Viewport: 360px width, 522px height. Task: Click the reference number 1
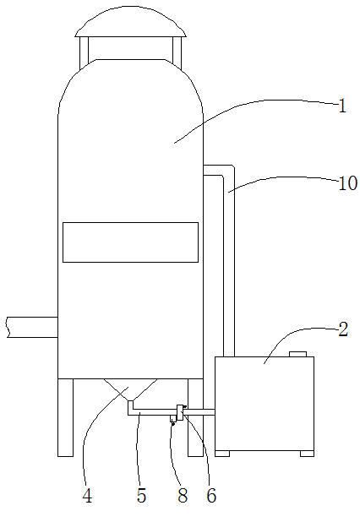pyautogui.click(x=342, y=106)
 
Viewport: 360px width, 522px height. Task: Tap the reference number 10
pyautogui.click(x=348, y=183)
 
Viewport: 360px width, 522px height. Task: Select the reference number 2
pyautogui.click(x=343, y=329)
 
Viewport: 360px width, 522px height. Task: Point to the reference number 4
pyautogui.click(x=87, y=496)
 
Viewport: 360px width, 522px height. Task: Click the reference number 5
pyautogui.click(x=141, y=496)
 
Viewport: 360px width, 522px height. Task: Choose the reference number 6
pyautogui.click(x=211, y=496)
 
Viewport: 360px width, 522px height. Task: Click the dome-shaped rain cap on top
pyautogui.click(x=130, y=21)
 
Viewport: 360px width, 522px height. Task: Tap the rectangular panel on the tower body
pyautogui.click(x=130, y=242)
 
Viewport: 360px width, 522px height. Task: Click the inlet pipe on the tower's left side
pyautogui.click(x=32, y=327)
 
